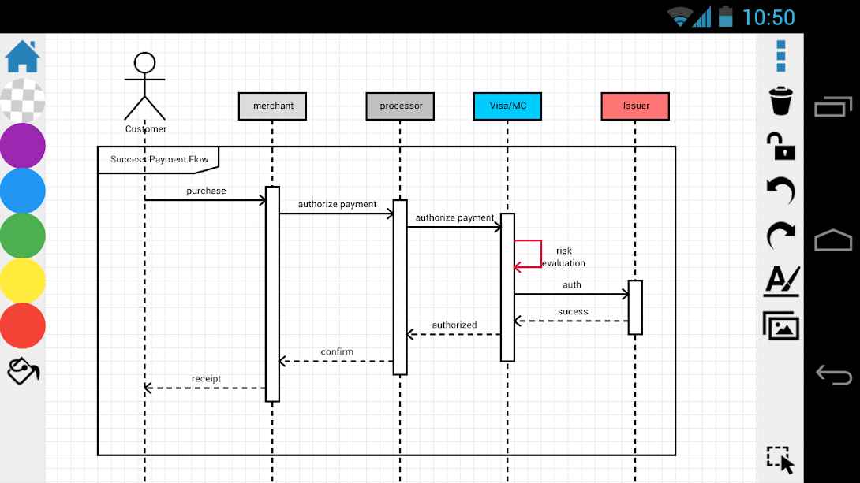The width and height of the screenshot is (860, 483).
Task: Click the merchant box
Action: tap(272, 106)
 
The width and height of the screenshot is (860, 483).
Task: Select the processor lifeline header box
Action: tap(400, 106)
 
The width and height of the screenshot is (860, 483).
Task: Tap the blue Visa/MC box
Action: tap(507, 106)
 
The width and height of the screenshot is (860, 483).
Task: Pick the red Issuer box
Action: tap(635, 106)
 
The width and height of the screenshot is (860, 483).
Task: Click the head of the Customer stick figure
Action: tap(145, 63)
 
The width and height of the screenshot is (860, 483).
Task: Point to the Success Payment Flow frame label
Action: tap(159, 159)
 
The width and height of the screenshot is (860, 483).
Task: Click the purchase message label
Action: tap(206, 191)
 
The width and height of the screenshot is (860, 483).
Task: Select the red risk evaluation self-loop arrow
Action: tap(541, 254)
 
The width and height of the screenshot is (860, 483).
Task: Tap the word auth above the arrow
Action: tap(572, 284)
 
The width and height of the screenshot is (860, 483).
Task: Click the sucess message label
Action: tap(573, 311)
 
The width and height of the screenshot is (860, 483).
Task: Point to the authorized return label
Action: tap(454, 325)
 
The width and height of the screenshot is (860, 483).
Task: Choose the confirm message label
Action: tap(337, 351)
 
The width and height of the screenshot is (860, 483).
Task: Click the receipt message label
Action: tap(206, 378)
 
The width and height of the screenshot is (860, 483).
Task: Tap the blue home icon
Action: tap(23, 57)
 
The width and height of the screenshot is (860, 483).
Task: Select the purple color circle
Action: tap(23, 146)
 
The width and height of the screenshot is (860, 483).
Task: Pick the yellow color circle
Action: tap(23, 281)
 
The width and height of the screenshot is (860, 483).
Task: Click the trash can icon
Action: tap(781, 101)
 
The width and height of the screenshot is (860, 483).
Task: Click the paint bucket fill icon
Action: tap(23, 371)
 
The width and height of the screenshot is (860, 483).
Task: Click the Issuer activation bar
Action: tap(635, 307)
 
